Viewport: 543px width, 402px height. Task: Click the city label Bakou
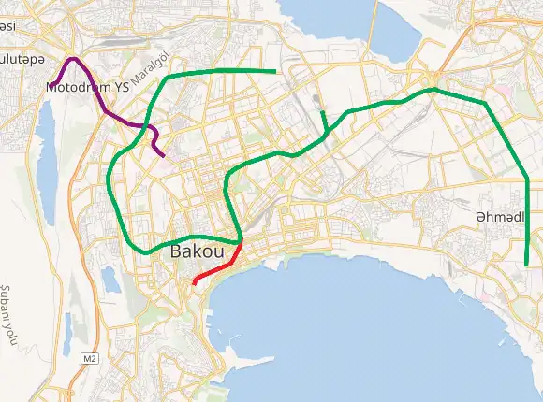[x=198, y=252]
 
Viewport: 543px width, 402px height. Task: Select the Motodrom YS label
[x=87, y=87]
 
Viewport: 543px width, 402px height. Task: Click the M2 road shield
[x=89, y=358]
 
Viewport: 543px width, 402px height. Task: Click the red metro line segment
[x=218, y=265]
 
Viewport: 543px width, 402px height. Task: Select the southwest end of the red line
[x=194, y=282]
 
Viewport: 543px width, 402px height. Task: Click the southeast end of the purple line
[x=164, y=155]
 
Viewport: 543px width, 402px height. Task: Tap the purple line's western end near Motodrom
[x=54, y=84]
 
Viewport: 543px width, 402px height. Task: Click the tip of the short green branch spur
[x=321, y=112]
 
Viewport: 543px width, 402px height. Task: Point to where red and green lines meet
[x=242, y=242]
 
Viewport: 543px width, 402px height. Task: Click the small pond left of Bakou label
[x=110, y=275]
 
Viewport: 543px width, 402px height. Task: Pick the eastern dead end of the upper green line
[x=275, y=71]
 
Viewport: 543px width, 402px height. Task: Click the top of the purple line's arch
[x=74, y=60]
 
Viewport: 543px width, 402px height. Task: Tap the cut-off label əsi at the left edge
[x=7, y=26]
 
